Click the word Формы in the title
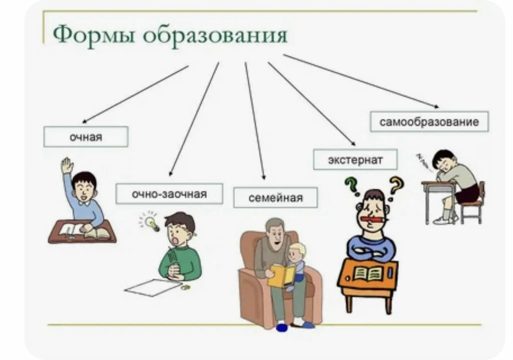(94, 35)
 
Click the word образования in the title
(215, 35)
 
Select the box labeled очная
(86, 137)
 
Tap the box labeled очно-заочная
(169, 194)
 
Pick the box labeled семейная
(275, 198)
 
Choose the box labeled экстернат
(355, 160)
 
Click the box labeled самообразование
(429, 122)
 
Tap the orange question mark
(396, 185)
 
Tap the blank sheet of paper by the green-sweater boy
(153, 287)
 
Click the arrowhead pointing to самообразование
(436, 106)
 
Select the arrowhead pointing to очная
(84, 122)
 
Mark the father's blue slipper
(282, 327)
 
